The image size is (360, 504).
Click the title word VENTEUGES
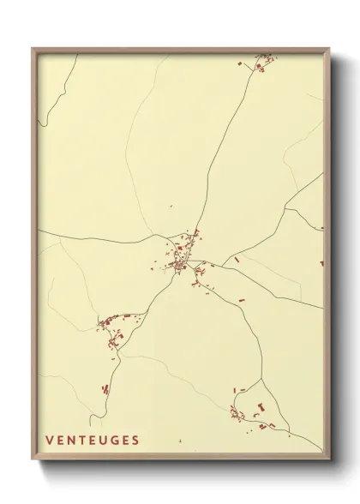(93, 441)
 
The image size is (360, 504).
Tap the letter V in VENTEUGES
(50, 441)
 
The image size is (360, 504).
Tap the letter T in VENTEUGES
(81, 441)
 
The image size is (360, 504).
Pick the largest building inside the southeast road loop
(261, 406)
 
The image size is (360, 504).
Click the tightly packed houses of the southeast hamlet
(236, 415)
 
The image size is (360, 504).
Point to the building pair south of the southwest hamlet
(105, 389)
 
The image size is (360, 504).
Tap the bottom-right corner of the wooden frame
(329, 460)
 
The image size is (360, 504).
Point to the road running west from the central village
(103, 240)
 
